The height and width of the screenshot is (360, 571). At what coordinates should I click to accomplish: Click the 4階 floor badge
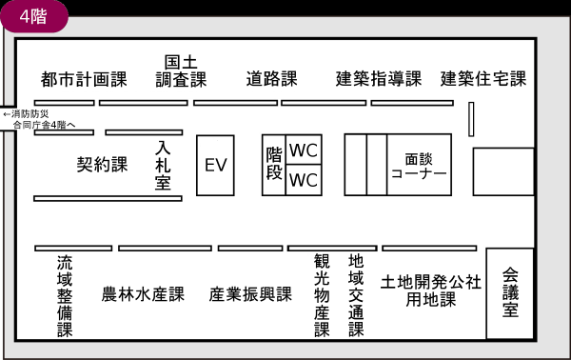(36, 16)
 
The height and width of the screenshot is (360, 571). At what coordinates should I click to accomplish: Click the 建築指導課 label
(378, 79)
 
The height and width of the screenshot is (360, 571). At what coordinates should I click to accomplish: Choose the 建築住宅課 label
(483, 79)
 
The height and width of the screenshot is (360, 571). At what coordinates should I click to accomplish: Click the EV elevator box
(215, 165)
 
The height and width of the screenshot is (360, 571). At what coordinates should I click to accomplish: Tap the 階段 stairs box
(274, 165)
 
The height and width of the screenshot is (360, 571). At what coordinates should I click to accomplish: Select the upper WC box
(304, 150)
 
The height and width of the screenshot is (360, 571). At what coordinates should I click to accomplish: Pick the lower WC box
(304, 180)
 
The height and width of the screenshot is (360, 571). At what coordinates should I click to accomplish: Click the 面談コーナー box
(419, 165)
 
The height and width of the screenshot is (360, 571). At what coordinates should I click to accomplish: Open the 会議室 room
(510, 293)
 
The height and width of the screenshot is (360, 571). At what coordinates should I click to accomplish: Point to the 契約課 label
(102, 165)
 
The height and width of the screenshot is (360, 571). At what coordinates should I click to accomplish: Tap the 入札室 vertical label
(163, 165)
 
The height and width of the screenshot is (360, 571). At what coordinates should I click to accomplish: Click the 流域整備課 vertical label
(64, 295)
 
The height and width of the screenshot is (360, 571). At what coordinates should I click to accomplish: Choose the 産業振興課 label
(250, 295)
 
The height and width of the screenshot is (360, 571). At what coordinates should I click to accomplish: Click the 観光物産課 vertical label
(322, 295)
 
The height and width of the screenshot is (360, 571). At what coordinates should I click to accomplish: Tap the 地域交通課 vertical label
(356, 295)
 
